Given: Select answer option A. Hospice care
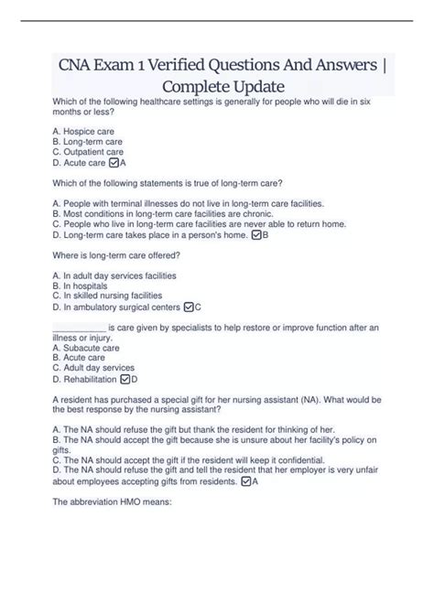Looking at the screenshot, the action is point(83,132).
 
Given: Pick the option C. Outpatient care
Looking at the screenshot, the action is point(88,152).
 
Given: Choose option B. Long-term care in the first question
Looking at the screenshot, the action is point(88,142).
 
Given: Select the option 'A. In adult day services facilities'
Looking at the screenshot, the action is point(114,275).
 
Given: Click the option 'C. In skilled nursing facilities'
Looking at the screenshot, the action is point(107,296).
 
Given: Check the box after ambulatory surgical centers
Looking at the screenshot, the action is point(189,307).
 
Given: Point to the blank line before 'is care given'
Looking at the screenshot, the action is point(80,328).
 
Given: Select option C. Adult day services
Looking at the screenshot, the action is point(93,368).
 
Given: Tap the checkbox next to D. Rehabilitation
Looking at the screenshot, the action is point(125,379).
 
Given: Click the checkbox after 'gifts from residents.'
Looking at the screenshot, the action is point(245,480).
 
